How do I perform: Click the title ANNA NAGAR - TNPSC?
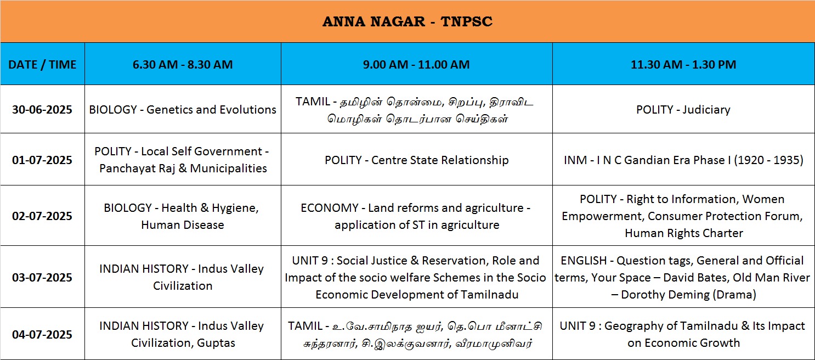coord(407,21)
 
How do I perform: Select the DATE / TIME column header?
coord(42,64)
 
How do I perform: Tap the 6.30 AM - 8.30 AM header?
coord(183,64)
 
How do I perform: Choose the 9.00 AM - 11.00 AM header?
coord(416,64)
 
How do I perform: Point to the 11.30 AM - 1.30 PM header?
coord(683,64)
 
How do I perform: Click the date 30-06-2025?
coord(42,110)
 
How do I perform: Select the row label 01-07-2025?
coord(42,160)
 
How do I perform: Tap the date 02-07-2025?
coord(42,216)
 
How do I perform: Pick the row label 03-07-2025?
coord(42,277)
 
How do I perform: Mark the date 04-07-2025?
coord(42,335)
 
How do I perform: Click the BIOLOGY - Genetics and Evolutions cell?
coord(183,110)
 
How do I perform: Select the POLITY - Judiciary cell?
coord(683,110)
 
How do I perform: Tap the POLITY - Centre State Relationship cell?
coord(417,160)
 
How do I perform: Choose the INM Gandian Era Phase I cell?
coord(683,160)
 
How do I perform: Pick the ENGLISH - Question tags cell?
coord(683,277)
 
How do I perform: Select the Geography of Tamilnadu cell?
coord(683,334)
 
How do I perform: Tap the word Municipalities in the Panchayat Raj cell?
coord(228,168)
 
